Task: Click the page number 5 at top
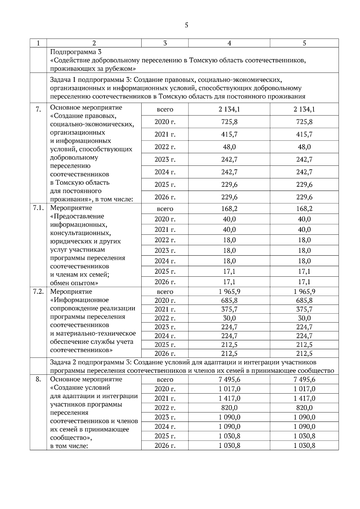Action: [x=186, y=25]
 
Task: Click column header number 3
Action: [x=165, y=43]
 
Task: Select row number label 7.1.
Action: [x=38, y=208]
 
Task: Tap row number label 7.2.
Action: [x=38, y=292]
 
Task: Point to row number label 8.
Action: [x=38, y=380]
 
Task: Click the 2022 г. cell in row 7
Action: [x=165, y=147]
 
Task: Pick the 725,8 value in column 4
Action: [x=229, y=122]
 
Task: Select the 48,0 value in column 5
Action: [x=304, y=147]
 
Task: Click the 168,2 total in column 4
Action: [x=229, y=209]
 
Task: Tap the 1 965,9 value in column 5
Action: [x=304, y=292]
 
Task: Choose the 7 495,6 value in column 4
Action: [x=229, y=380]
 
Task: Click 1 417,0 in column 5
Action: [x=304, y=398]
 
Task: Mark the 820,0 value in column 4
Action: [x=229, y=408]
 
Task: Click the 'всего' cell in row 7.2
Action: [x=165, y=292]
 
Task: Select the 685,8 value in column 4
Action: [x=229, y=300]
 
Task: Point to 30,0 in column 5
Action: [x=304, y=318]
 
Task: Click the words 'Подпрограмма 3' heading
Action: [x=76, y=52]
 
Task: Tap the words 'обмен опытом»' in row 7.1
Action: [x=74, y=283]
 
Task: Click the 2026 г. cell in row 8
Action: [x=165, y=445]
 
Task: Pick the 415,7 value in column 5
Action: [x=304, y=134]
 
